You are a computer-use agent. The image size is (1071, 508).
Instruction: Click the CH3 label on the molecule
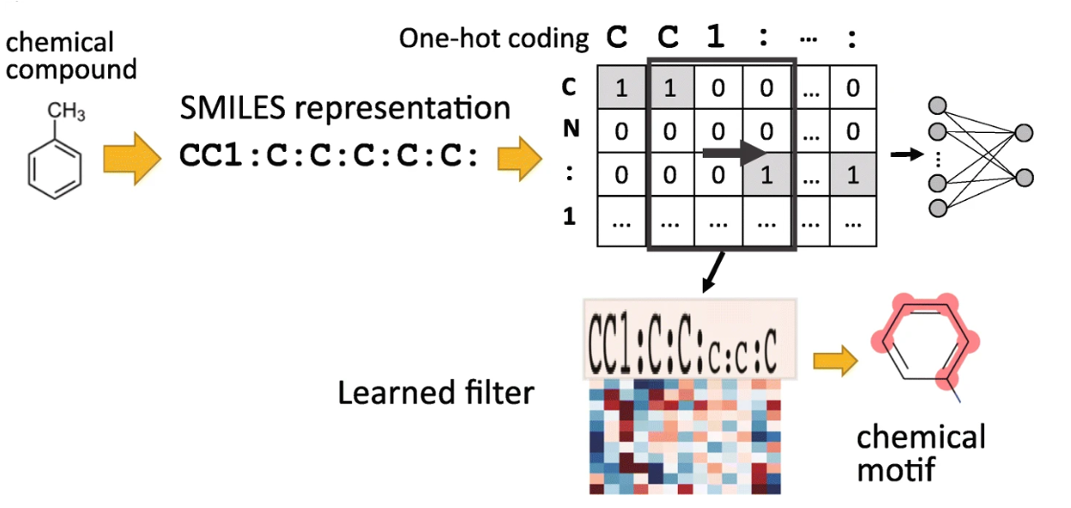(x=66, y=112)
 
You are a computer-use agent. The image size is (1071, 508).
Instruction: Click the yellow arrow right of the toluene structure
(x=132, y=158)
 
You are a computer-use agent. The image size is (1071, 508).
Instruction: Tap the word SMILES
(x=233, y=108)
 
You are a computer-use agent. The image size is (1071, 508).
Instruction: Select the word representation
(x=402, y=109)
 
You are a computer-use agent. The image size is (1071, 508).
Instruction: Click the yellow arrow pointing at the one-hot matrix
(x=520, y=159)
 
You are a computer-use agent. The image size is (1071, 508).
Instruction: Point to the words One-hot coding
(x=494, y=39)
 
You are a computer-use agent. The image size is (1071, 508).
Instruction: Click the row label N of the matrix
(x=571, y=129)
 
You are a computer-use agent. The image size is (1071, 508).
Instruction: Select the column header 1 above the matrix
(x=716, y=37)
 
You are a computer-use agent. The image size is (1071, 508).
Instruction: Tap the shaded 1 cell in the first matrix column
(x=621, y=87)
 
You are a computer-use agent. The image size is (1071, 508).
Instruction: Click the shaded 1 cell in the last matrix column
(x=853, y=175)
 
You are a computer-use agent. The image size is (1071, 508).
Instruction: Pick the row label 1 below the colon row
(x=569, y=216)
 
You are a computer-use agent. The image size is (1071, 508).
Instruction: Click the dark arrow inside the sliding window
(x=734, y=153)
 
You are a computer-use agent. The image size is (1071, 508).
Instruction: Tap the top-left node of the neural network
(x=937, y=106)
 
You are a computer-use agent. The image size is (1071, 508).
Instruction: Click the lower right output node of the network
(x=1024, y=178)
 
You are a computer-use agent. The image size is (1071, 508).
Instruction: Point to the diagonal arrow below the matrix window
(x=713, y=272)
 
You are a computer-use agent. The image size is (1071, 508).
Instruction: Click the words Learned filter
(x=436, y=393)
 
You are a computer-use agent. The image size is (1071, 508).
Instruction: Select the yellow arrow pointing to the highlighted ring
(x=835, y=360)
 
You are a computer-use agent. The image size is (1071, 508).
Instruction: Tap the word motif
(x=896, y=469)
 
